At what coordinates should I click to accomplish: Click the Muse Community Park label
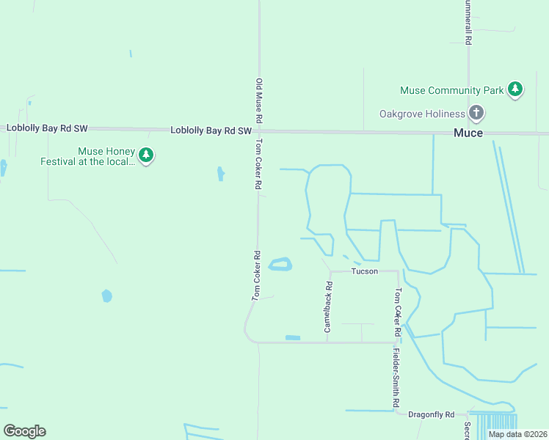click(x=451, y=90)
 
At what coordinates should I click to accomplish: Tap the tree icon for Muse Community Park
click(x=516, y=89)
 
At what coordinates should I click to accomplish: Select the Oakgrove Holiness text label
click(x=422, y=114)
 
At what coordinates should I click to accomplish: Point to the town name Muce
click(x=468, y=133)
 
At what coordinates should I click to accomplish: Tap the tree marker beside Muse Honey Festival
click(x=147, y=155)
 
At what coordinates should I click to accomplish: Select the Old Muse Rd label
click(x=259, y=100)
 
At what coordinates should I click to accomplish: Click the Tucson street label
click(x=364, y=271)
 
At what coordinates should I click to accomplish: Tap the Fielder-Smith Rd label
click(x=396, y=378)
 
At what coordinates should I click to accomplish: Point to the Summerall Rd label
click(x=468, y=22)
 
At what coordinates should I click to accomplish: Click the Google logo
click(x=24, y=431)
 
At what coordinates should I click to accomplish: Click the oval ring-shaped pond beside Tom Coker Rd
click(x=280, y=264)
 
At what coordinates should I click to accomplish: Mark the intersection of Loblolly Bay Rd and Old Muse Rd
click(x=258, y=131)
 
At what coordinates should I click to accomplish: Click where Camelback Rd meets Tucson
click(x=330, y=271)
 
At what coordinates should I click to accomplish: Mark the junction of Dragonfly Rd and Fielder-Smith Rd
click(x=399, y=414)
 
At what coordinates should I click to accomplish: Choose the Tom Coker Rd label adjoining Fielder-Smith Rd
click(x=398, y=312)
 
